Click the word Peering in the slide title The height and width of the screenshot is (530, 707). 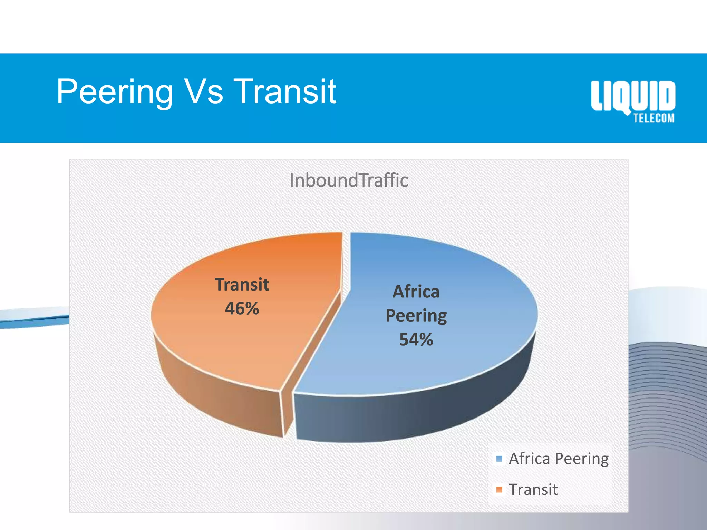point(115,92)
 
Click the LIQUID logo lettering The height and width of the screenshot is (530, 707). point(633,96)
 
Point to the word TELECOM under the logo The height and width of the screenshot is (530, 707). point(653,118)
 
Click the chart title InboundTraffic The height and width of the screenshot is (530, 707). point(349,180)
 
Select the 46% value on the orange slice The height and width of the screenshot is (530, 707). point(242,308)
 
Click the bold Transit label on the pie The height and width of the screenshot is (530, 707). point(242,285)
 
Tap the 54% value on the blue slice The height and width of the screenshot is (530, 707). point(416,339)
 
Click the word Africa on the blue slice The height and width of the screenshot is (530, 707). point(416,292)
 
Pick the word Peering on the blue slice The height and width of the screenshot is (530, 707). point(416,315)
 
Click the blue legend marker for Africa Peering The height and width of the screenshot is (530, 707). point(499,459)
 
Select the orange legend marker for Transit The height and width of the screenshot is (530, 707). point(499,489)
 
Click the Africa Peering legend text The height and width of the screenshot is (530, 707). point(559,459)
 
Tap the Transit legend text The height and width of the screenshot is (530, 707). point(533,489)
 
